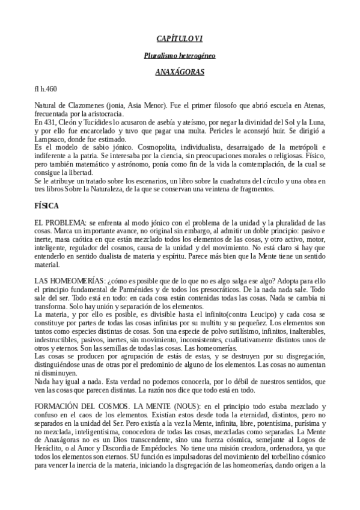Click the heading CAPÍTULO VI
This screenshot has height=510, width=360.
(180, 39)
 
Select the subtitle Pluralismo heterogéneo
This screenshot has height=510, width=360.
(180, 56)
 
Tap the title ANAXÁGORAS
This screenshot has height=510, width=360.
(180, 73)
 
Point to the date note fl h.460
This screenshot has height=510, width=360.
(46, 89)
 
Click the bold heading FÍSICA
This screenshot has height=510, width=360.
(47, 206)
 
